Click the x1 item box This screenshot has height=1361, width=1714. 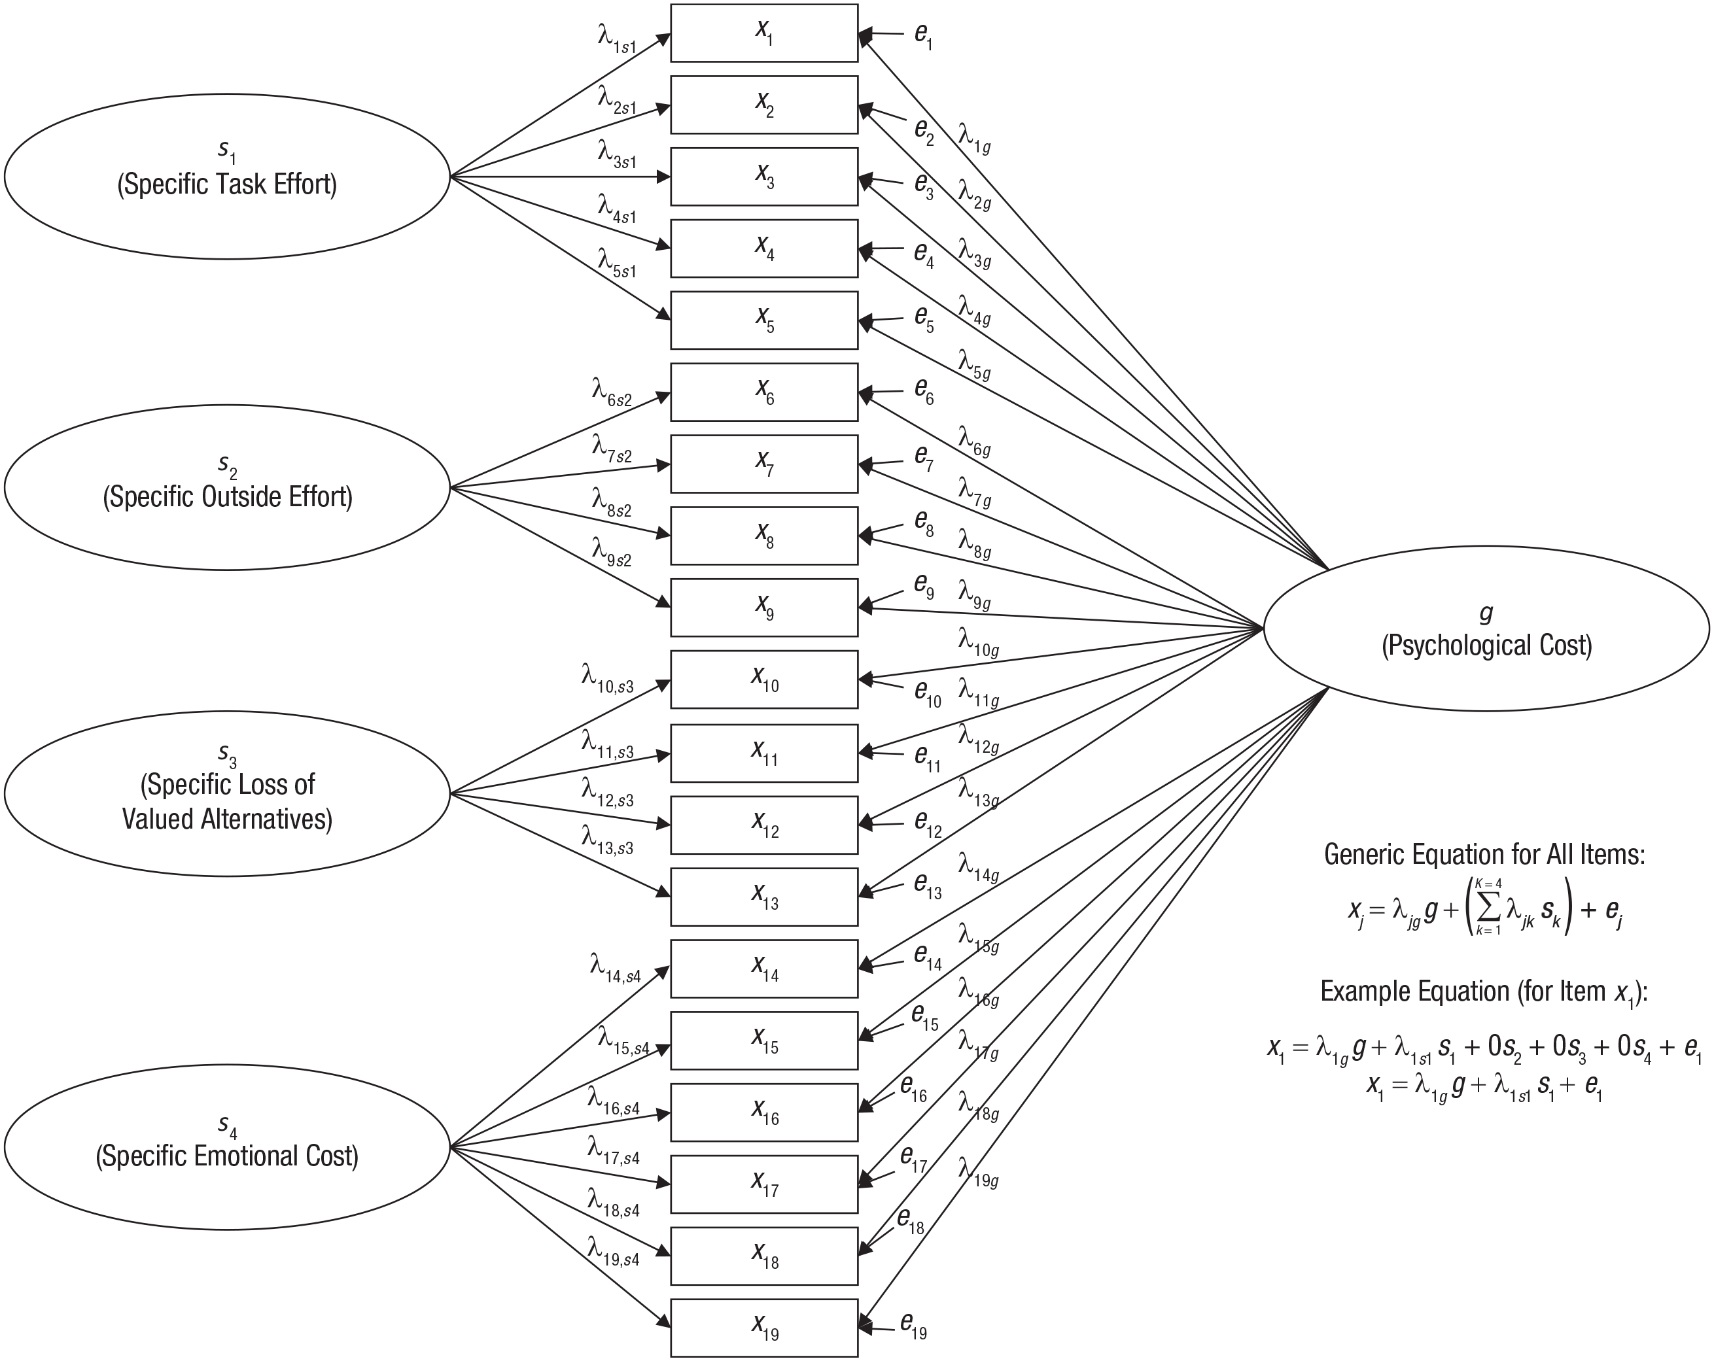point(764,33)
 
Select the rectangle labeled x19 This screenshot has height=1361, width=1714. point(764,1328)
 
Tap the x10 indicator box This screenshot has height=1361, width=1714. point(764,680)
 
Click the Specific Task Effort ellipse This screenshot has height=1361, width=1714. point(228,177)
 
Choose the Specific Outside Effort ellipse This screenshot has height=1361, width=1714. point(228,487)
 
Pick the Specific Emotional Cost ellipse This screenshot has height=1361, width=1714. point(228,1147)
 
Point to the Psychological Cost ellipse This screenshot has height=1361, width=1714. point(1486,628)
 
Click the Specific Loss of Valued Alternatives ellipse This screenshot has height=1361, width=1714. point(228,793)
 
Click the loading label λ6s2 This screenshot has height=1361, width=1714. point(611,392)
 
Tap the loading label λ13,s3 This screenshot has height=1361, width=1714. point(607,840)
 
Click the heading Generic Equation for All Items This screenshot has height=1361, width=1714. point(1484,855)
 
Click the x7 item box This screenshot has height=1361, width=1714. point(764,464)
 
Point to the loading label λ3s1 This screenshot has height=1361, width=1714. point(617,154)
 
